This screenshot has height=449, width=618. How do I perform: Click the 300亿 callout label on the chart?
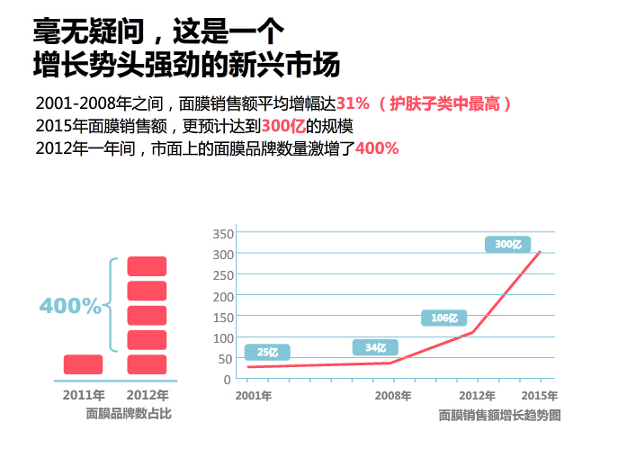pos(507,244)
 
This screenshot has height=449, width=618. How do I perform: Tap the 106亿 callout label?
pos(444,318)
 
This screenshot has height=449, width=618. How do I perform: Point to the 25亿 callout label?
pos(267,352)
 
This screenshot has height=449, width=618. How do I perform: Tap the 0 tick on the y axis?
pos(228,379)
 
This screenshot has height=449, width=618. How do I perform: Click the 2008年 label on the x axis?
pos(393,396)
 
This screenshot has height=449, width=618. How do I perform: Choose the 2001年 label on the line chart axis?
pos(254,396)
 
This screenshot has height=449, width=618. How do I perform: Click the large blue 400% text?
pos(70,306)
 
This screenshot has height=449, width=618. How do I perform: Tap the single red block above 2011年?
pos(83,364)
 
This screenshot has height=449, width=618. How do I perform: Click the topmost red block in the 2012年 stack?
pos(148,266)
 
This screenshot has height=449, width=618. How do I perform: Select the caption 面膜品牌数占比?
pos(129,414)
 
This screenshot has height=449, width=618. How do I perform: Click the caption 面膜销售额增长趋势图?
pos(499,416)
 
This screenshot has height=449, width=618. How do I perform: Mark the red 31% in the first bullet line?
pos(353,103)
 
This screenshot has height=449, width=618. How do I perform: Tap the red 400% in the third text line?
pos(377,148)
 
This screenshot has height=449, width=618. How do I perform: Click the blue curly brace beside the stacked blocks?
pos(112,305)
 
